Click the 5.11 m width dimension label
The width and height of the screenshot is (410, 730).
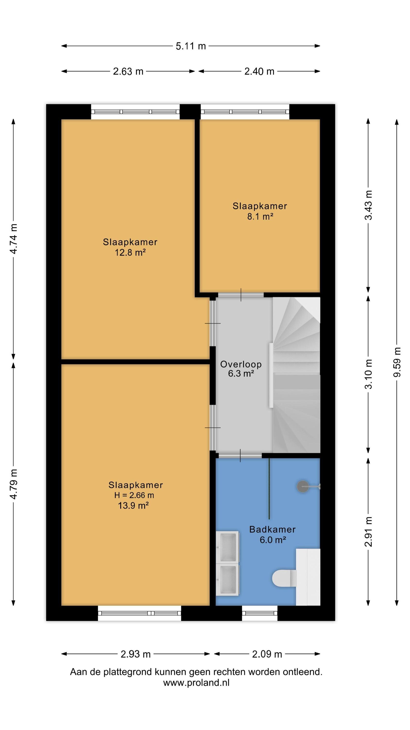tap(190, 46)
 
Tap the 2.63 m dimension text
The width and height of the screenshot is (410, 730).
tap(128, 71)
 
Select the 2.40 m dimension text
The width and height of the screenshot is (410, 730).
tap(259, 71)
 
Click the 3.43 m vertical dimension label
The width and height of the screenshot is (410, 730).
tap(368, 205)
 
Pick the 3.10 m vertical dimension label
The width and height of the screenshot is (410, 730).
tap(368, 374)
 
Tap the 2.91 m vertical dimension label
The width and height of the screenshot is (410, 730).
tap(368, 531)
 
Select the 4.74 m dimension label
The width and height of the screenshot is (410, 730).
tap(13, 239)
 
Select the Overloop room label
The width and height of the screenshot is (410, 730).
tap(241, 364)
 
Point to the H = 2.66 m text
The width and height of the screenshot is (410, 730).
tap(134, 495)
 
